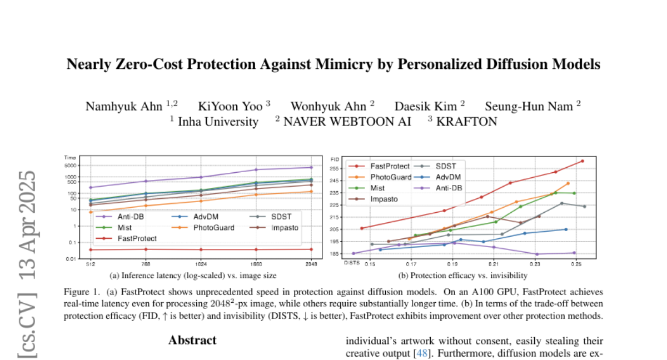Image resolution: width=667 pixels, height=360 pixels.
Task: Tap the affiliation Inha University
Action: (217, 122)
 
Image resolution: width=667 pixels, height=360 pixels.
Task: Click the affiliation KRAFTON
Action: (466, 122)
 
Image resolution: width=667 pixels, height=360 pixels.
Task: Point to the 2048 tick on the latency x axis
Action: (311, 264)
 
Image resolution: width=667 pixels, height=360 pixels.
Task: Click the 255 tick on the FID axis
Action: (334, 169)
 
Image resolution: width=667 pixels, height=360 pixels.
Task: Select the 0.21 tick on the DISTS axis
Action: (493, 264)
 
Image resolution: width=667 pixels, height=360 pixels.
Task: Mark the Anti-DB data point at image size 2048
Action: (311, 167)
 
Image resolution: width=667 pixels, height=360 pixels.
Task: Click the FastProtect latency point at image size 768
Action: (146, 249)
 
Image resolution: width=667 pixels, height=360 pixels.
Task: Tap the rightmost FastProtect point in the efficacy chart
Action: (582, 161)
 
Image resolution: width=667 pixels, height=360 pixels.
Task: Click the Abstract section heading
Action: (192, 340)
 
